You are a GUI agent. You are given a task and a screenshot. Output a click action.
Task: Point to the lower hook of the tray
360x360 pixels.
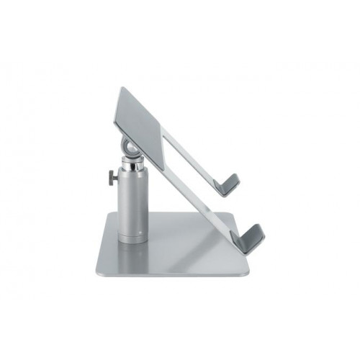click(252, 238)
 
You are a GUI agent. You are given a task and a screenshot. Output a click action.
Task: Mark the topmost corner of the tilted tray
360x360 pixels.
click(121, 89)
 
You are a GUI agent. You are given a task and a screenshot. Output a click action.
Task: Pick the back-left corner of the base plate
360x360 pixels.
click(107, 215)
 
